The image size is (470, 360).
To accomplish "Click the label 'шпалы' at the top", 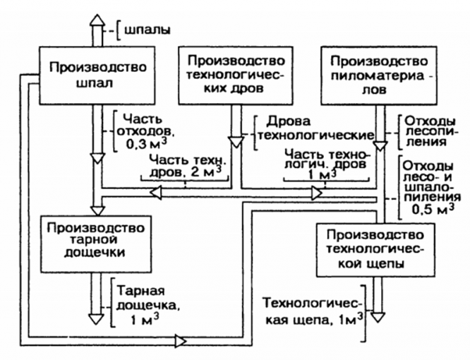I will (147, 31).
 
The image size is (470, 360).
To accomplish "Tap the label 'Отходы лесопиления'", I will (425, 131).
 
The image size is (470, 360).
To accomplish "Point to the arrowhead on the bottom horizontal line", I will (181, 341).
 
